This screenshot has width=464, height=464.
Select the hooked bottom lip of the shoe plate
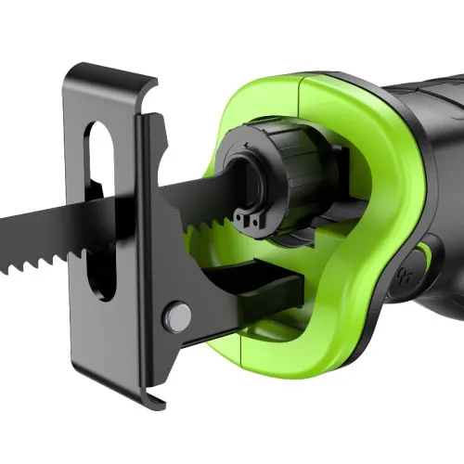pyautogui.click(x=130, y=391)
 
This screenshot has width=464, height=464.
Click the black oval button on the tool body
pyautogui.click(x=426, y=269)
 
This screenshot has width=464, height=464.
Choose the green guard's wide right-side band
pyautogui.click(x=367, y=213)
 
